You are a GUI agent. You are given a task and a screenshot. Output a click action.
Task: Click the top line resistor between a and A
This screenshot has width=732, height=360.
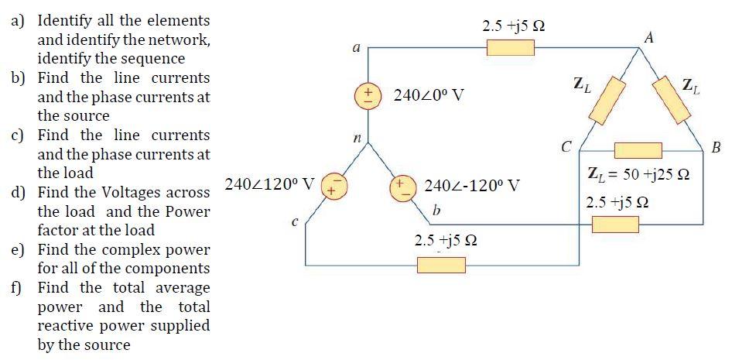click(x=510, y=48)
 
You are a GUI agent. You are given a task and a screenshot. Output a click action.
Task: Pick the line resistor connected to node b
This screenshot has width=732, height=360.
click(x=615, y=225)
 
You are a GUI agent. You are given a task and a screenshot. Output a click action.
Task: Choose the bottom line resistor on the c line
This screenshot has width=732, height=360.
click(x=441, y=266)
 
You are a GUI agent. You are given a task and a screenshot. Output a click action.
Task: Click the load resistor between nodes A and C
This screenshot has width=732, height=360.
click(x=607, y=100)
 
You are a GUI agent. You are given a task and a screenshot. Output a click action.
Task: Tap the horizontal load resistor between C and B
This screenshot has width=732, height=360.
click(x=638, y=150)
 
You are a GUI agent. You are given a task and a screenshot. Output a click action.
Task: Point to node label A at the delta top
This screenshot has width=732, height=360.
click(x=648, y=36)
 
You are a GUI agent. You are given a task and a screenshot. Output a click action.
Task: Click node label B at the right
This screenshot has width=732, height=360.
click(x=715, y=147)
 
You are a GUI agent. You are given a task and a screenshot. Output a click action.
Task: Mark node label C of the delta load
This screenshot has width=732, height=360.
click(x=567, y=146)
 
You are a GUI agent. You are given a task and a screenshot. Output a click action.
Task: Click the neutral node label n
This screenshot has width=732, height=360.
click(x=357, y=138)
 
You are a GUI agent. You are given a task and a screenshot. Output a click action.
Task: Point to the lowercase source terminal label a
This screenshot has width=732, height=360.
click(x=355, y=48)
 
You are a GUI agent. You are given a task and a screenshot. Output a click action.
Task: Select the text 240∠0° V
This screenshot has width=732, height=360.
click(x=429, y=96)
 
